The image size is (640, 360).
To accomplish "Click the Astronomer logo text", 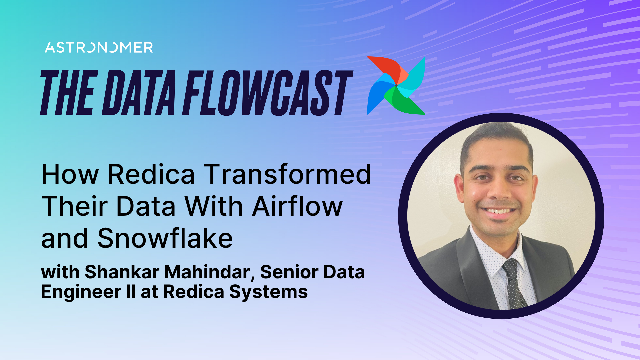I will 99,48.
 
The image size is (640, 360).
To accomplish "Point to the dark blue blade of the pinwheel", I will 377,93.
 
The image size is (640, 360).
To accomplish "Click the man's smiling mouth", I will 499,211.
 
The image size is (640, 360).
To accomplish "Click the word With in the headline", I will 214,206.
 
